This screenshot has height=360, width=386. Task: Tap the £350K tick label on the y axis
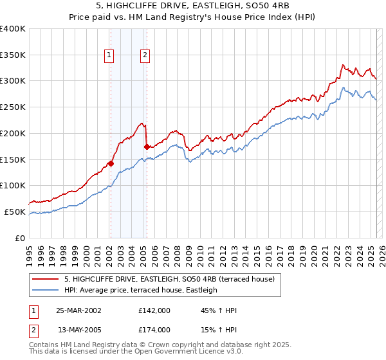(x=13, y=55)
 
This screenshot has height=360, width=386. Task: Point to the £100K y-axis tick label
(x=13, y=185)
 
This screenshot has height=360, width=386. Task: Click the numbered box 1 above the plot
(x=109, y=56)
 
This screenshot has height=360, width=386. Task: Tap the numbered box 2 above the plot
(x=145, y=56)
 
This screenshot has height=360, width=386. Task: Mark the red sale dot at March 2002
(x=111, y=163)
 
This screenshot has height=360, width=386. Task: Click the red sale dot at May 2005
(x=147, y=147)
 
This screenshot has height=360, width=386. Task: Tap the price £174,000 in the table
(x=154, y=329)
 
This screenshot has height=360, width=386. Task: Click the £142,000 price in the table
(x=154, y=310)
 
